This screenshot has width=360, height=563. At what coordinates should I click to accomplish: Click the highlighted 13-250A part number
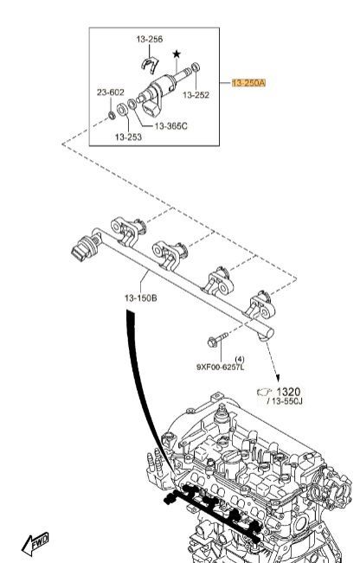click(249, 83)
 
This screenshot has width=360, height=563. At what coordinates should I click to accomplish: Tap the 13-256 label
click(150, 39)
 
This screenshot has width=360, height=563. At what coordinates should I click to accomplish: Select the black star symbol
click(177, 54)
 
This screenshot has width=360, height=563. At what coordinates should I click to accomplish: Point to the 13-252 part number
click(196, 95)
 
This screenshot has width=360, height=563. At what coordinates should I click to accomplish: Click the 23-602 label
click(110, 93)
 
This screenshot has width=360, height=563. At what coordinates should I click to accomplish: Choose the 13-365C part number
click(171, 126)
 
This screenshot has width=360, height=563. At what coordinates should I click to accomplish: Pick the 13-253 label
click(128, 137)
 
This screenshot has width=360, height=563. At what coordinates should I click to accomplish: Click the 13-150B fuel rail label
click(141, 298)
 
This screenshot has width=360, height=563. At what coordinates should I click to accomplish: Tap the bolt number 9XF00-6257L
click(220, 368)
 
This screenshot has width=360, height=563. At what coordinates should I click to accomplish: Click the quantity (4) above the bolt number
click(240, 359)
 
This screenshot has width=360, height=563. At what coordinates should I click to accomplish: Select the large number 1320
click(288, 392)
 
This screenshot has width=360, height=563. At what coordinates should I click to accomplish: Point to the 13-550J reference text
click(285, 401)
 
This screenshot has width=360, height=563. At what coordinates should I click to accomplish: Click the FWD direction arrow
click(35, 543)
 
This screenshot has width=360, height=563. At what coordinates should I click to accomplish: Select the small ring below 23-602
click(112, 115)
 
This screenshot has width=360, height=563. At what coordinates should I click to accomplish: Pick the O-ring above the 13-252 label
click(196, 67)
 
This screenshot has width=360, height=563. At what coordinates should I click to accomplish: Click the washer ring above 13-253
click(123, 109)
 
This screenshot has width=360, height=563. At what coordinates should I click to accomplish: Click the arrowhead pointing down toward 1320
click(277, 378)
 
